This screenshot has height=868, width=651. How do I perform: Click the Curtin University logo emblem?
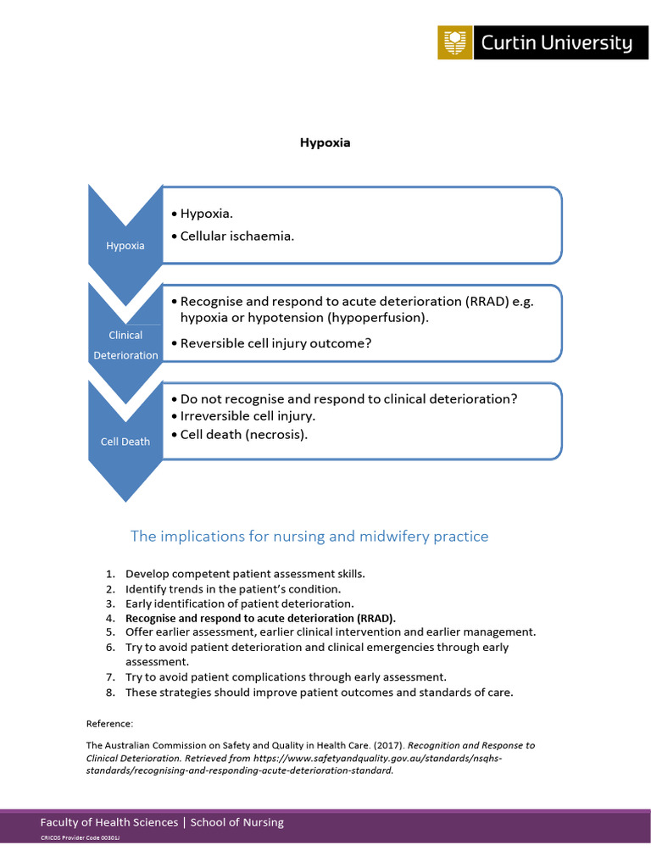click(455, 42)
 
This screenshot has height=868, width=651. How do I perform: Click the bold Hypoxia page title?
click(325, 142)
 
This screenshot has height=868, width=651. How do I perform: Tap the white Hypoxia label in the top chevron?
click(125, 246)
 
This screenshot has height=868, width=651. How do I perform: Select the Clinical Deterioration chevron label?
click(125, 345)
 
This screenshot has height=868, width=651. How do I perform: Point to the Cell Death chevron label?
click(125, 442)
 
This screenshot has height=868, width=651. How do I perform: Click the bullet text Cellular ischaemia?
click(236, 236)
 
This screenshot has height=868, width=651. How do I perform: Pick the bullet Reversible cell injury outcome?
click(275, 343)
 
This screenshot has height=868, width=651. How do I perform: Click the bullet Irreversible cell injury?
click(247, 416)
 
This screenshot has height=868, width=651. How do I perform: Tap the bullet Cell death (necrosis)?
click(243, 434)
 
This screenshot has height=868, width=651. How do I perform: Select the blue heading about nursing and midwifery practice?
click(309, 536)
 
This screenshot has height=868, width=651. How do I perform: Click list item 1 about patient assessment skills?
click(245, 574)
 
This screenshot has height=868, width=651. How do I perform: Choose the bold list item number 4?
click(259, 618)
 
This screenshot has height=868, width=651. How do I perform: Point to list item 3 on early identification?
click(239, 604)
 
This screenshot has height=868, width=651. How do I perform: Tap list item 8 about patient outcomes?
click(319, 692)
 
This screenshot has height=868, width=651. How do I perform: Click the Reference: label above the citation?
click(110, 723)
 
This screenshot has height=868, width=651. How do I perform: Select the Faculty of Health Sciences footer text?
click(108, 822)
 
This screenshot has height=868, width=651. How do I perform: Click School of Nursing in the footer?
click(237, 822)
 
